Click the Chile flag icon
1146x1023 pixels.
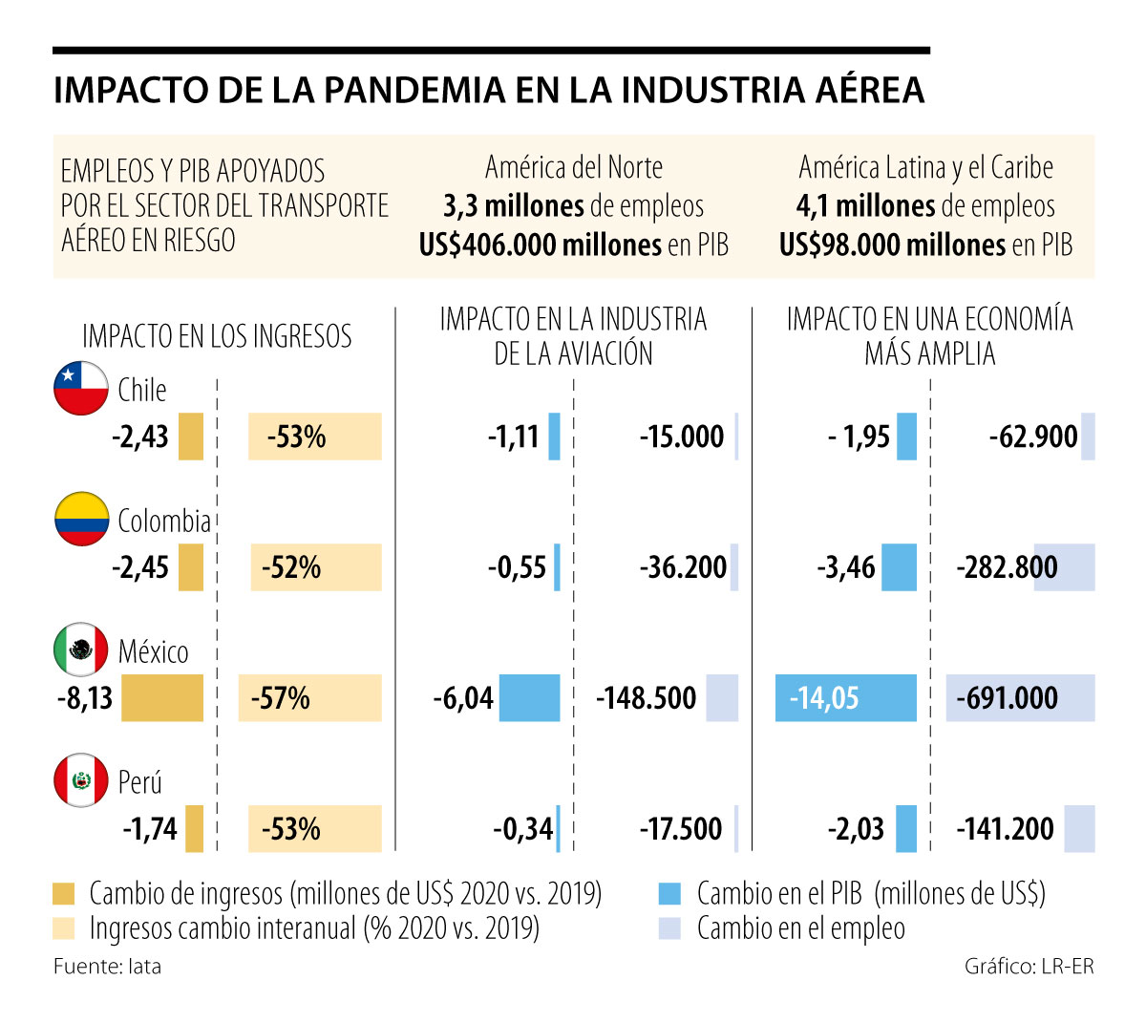point(81,389)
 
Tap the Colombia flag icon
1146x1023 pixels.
point(81,520)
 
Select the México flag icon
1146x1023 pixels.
point(81,650)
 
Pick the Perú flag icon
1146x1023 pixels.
point(81,781)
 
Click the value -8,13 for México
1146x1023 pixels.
point(85,698)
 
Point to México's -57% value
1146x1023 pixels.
point(281,698)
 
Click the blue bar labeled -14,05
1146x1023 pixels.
point(845,698)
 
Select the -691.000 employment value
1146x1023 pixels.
point(1008,698)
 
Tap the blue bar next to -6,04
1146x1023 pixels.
point(529,698)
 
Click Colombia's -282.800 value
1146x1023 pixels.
point(1007,567)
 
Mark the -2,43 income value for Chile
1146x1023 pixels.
point(140,437)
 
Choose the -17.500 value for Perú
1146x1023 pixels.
point(681,828)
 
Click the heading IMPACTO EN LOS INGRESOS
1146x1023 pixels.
point(217,336)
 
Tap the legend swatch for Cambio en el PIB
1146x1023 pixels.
point(669,894)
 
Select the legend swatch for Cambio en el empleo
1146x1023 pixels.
point(669,928)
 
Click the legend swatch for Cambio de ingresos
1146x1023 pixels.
point(64,894)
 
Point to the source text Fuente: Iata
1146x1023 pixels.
point(107,967)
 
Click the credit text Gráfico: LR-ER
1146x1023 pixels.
point(1029,967)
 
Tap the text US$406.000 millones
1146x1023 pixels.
point(541,245)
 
